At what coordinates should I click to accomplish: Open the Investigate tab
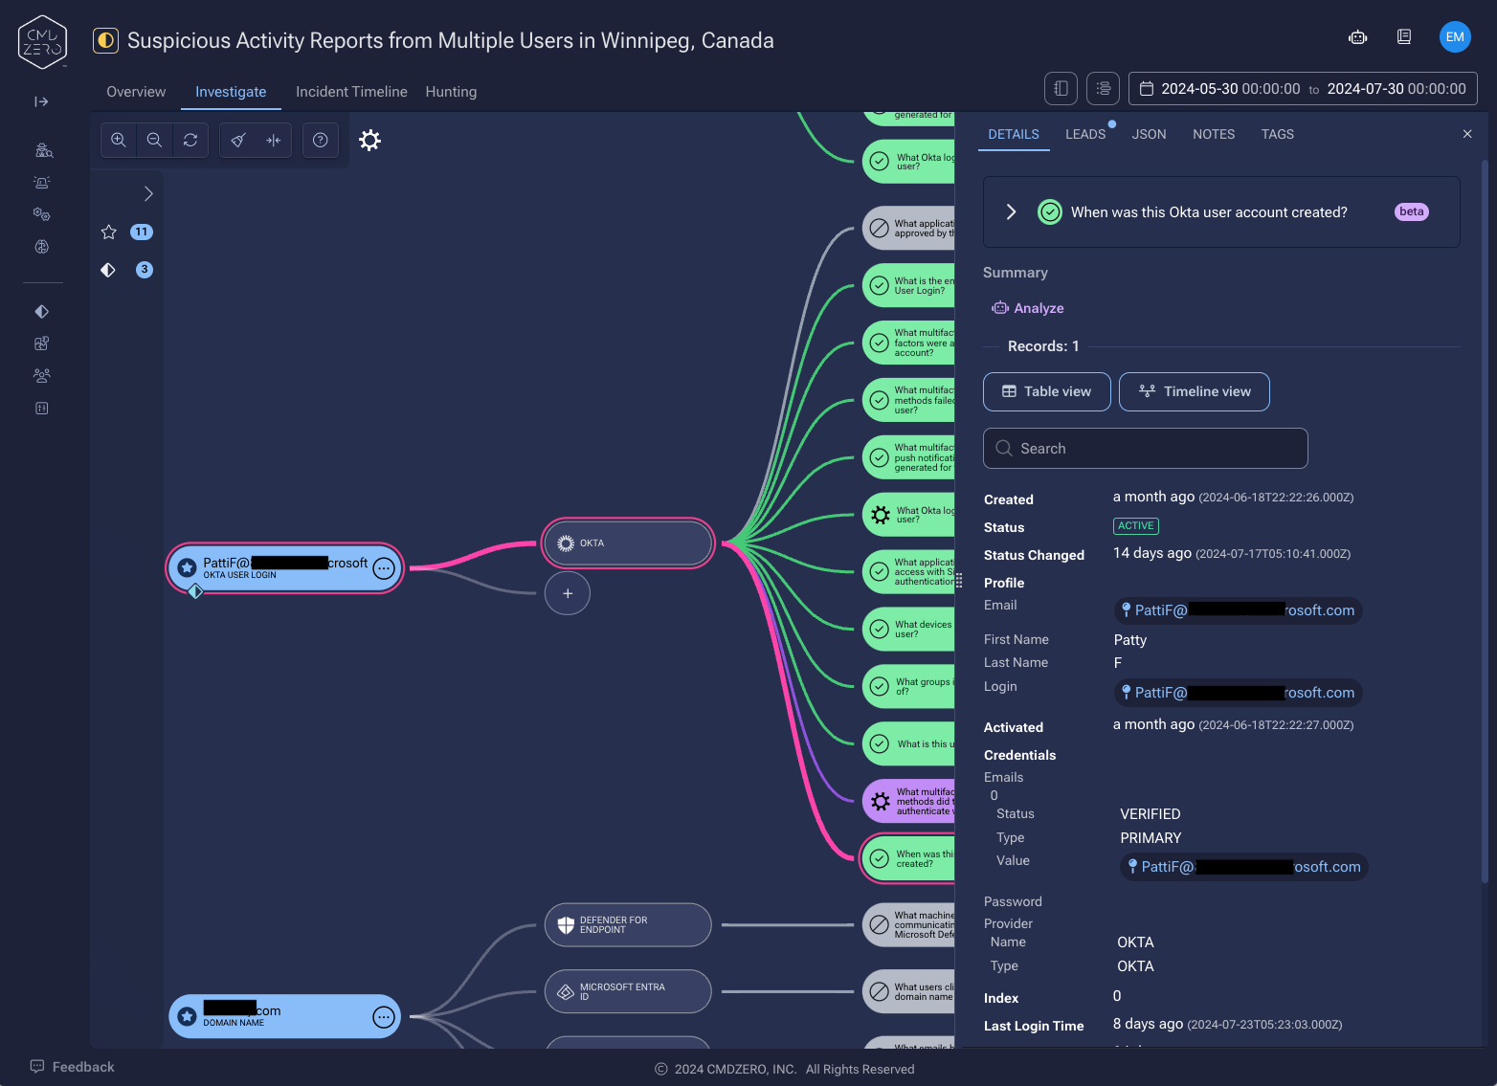[231, 92]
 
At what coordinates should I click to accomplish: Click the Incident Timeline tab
[351, 92]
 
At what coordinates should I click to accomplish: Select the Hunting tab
[451, 92]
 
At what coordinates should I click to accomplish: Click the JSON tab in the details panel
[1149, 135]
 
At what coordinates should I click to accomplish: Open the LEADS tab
[1085, 135]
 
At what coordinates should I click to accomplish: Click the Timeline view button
[1194, 391]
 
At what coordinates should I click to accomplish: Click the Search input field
[1145, 449]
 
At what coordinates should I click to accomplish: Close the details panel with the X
[1467, 134]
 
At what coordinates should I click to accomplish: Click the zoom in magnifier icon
[119, 140]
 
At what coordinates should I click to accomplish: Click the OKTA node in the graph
[628, 543]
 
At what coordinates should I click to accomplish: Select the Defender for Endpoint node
[628, 925]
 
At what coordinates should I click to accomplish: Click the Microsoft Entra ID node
[628, 991]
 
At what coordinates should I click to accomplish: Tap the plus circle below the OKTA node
[568, 593]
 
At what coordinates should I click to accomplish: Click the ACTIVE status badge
[1136, 526]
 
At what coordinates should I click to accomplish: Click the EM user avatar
[1455, 37]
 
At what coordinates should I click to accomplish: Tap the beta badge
[1412, 211]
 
